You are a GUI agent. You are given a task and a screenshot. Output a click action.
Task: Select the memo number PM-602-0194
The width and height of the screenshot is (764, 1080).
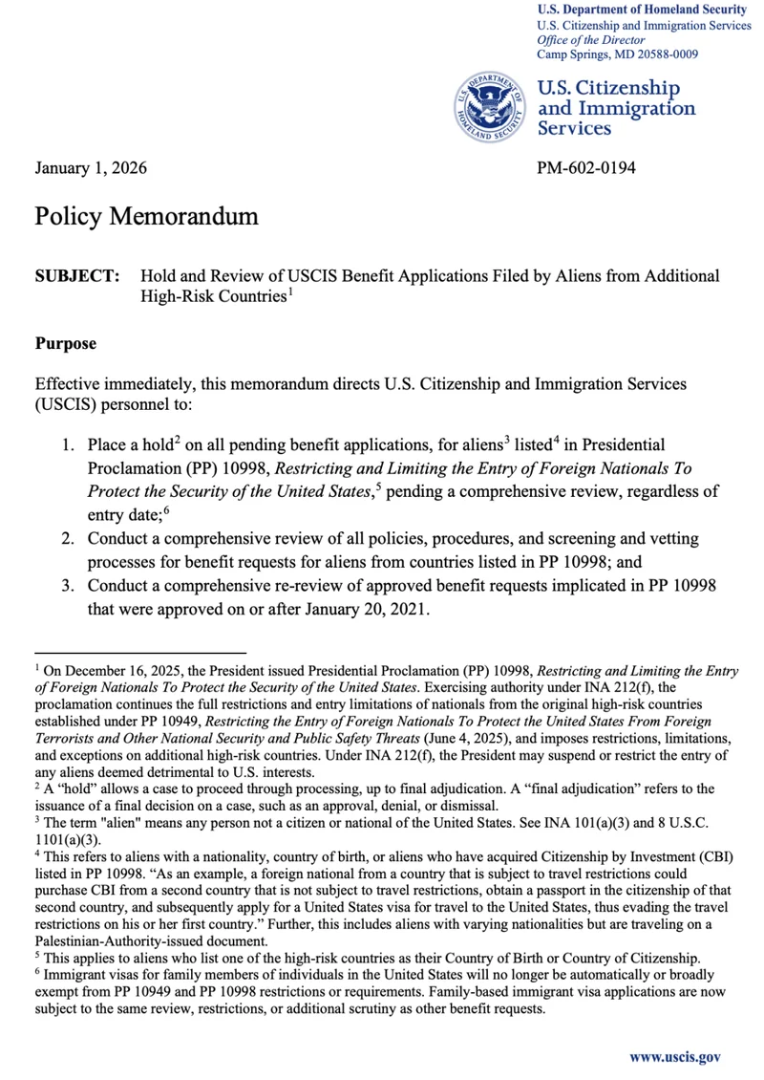585,169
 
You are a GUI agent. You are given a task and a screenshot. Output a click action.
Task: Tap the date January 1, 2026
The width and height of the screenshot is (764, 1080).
91,169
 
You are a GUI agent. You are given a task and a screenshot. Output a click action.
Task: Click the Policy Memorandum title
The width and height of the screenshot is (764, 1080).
146,216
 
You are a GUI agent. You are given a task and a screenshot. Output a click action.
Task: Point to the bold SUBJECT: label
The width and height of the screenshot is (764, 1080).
77,276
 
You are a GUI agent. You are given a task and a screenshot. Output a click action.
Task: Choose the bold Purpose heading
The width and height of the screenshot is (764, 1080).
65,341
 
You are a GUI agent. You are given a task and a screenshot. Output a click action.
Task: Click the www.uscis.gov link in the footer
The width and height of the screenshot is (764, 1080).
674,1057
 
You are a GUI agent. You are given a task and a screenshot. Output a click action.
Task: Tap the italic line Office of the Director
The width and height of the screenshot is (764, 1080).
590,40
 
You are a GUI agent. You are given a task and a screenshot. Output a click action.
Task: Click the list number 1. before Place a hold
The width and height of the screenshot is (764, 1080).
69,445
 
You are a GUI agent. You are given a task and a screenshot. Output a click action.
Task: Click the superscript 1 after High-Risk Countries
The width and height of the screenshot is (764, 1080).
289,292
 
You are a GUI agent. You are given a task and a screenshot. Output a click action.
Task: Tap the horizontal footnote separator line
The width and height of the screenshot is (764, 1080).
140,652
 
